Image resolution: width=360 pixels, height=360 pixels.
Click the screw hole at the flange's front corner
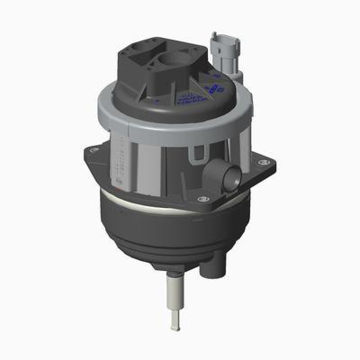tap(201, 198)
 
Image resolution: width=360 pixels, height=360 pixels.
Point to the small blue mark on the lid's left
tap(157, 101)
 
